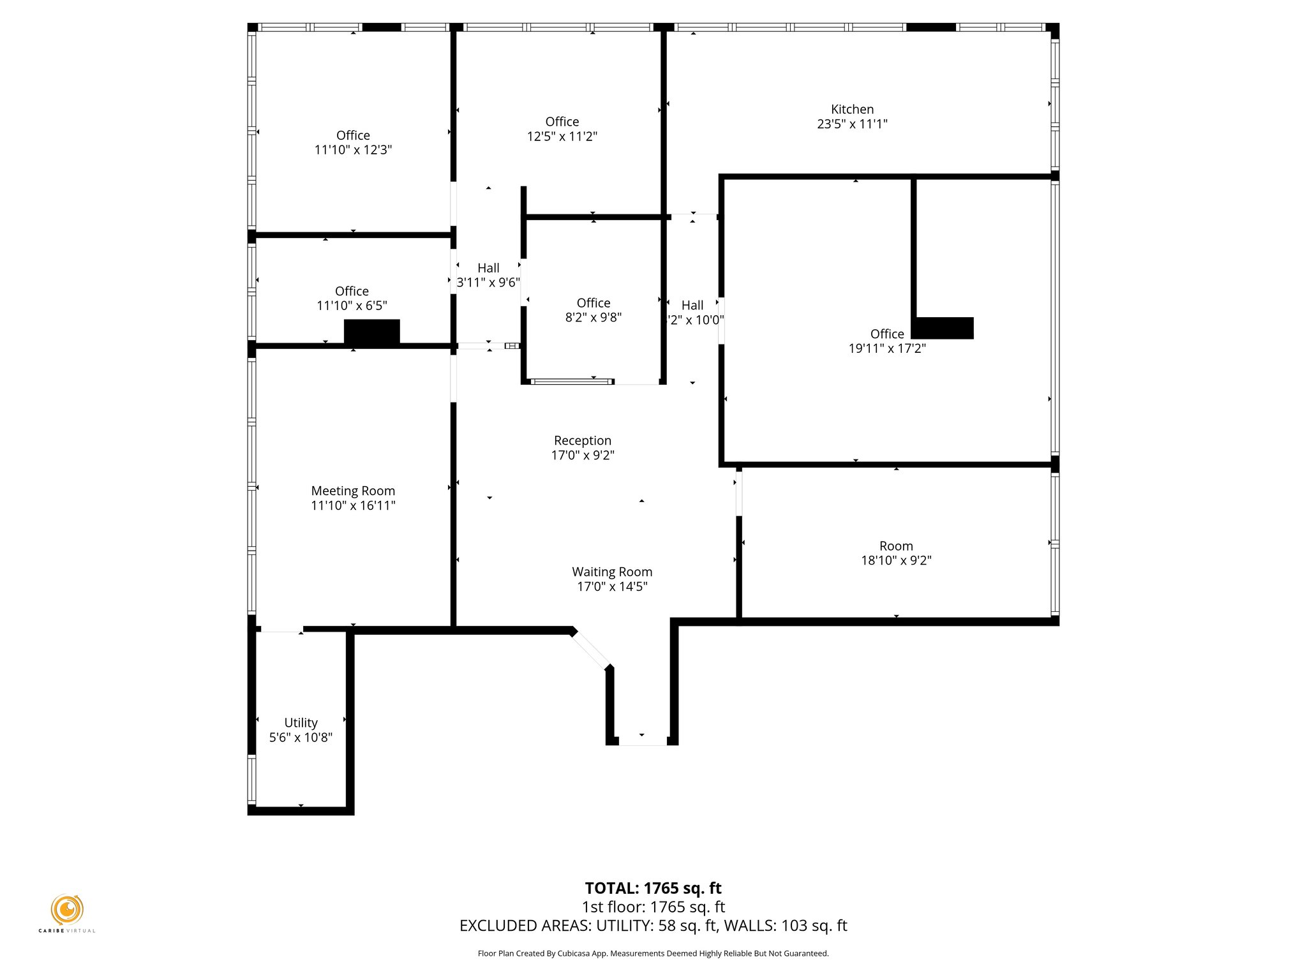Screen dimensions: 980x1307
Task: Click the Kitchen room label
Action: coord(852,109)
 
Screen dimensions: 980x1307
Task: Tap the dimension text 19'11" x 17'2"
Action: coord(886,348)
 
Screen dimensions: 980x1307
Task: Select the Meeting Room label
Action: coord(353,491)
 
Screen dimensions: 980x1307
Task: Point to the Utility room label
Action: coord(301,722)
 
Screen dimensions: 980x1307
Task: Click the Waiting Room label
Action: coord(611,572)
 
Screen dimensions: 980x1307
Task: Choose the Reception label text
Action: coord(582,440)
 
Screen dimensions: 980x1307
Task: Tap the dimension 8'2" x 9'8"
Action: coord(593,317)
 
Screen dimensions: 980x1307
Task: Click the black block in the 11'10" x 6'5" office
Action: coord(372,332)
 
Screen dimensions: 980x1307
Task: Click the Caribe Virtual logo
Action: coord(67,910)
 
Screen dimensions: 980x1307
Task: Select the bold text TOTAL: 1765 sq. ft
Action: coord(653,888)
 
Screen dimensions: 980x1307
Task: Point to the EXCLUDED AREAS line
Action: coord(653,926)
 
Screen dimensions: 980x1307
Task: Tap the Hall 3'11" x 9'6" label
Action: coord(488,276)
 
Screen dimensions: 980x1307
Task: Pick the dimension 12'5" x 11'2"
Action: coord(562,136)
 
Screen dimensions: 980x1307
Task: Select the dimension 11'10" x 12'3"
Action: coord(353,150)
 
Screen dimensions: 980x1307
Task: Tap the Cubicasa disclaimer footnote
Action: coord(653,954)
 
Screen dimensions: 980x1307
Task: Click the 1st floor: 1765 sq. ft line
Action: coord(653,907)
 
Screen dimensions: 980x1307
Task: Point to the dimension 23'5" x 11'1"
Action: coord(852,124)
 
